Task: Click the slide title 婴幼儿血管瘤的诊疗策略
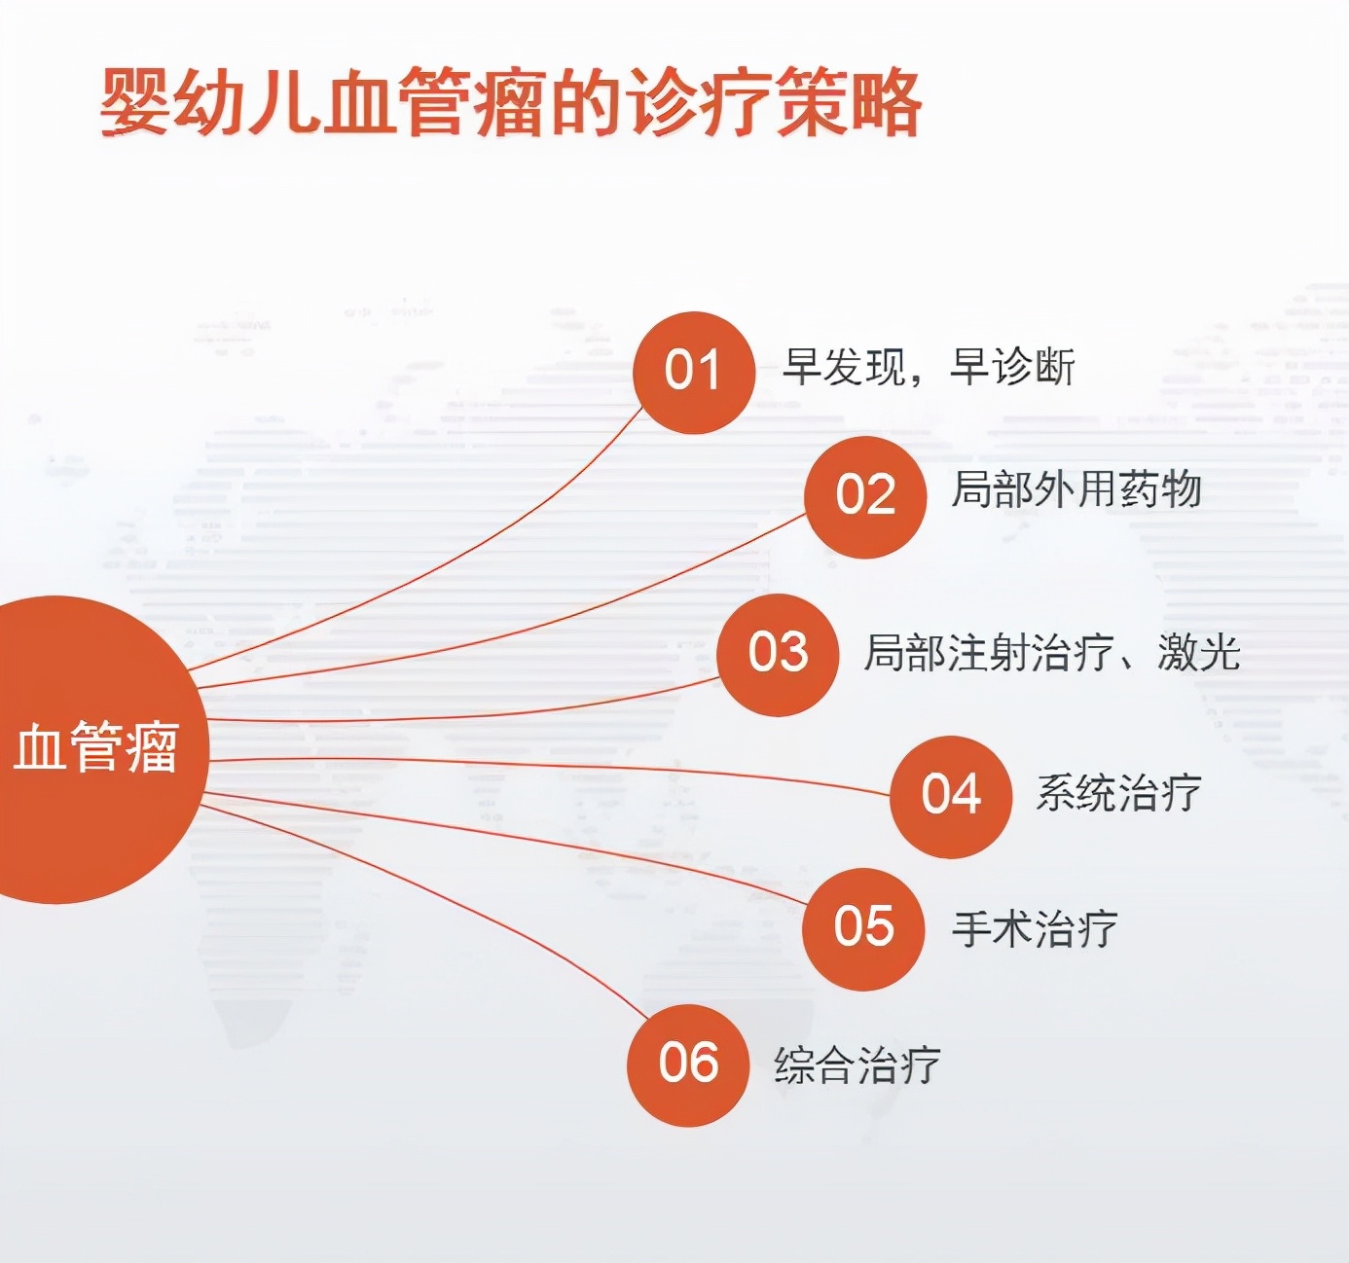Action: pos(510,101)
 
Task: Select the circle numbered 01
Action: pos(693,372)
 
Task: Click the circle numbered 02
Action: pos(865,496)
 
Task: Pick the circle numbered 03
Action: pos(778,654)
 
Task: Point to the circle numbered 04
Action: pos(951,796)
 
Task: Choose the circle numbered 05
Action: pos(863,928)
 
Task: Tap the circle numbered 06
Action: pos(688,1065)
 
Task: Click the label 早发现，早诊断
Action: pos(929,368)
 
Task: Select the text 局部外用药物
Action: pos(1076,489)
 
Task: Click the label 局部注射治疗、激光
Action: pos(1051,653)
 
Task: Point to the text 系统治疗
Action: pos(1118,793)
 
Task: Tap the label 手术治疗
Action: pos(1034,928)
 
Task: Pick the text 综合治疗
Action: pos(857,1065)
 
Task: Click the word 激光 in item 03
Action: pos(1198,653)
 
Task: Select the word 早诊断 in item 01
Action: pos(1012,368)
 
